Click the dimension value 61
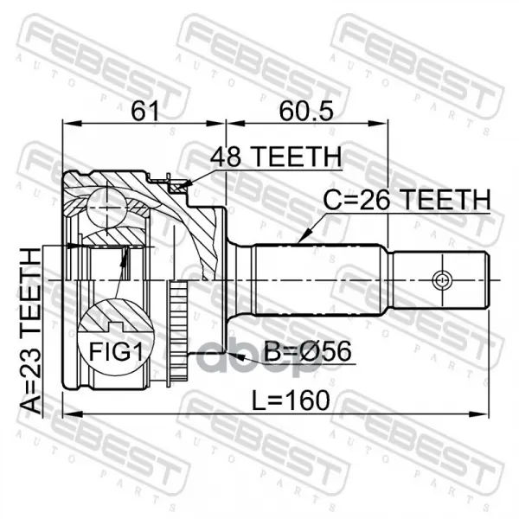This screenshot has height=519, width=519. (145, 111)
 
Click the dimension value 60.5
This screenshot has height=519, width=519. (306, 111)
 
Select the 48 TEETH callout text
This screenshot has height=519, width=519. (276, 157)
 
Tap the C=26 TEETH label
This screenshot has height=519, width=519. (407, 200)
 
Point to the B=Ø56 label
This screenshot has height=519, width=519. (307, 351)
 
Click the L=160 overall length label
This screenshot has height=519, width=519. (291, 400)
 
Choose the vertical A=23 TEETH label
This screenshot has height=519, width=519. (31, 331)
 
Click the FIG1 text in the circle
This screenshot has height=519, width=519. (116, 351)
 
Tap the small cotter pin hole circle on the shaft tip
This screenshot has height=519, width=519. (441, 280)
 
